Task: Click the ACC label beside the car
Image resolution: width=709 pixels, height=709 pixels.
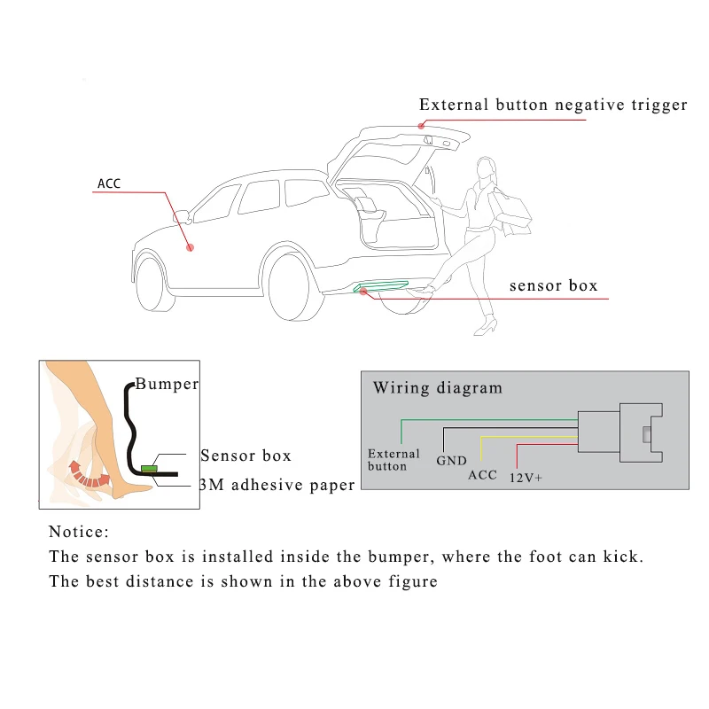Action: (109, 184)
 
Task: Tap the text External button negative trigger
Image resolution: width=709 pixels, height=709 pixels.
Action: (553, 105)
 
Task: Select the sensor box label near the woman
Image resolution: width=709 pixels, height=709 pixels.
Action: (553, 285)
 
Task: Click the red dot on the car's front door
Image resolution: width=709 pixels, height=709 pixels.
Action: (190, 249)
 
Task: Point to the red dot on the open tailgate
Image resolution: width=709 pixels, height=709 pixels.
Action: (422, 125)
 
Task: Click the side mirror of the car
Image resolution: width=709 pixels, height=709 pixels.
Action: (182, 215)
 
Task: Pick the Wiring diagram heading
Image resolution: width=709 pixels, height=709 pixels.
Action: (437, 387)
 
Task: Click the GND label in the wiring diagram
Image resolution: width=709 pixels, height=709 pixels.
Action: (451, 461)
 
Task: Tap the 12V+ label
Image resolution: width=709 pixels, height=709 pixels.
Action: (525, 478)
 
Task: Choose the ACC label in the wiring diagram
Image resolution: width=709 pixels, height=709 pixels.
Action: (483, 474)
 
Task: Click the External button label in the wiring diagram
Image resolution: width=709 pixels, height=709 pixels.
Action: (387, 460)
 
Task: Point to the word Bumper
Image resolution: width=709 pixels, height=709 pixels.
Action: (167, 385)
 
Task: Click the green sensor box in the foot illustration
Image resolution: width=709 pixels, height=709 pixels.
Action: (149, 467)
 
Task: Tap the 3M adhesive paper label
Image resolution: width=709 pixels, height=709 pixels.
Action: (277, 484)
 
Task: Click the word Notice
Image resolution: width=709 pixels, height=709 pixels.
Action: (79, 532)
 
